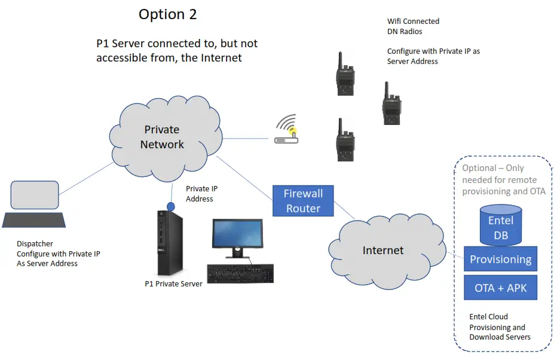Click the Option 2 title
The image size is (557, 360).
click(167, 14)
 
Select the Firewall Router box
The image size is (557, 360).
click(303, 201)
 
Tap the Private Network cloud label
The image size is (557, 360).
click(162, 137)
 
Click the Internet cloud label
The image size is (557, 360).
click(383, 250)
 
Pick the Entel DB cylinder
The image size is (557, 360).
click(501, 225)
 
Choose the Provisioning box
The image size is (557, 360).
click(501, 260)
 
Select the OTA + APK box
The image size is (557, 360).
click(501, 288)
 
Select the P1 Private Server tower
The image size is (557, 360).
click(169, 242)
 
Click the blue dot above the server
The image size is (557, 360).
click(170, 206)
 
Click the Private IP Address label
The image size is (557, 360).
click(200, 193)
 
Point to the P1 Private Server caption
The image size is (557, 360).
click(174, 284)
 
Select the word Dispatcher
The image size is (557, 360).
click(35, 244)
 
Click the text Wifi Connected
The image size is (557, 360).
click(413, 22)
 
